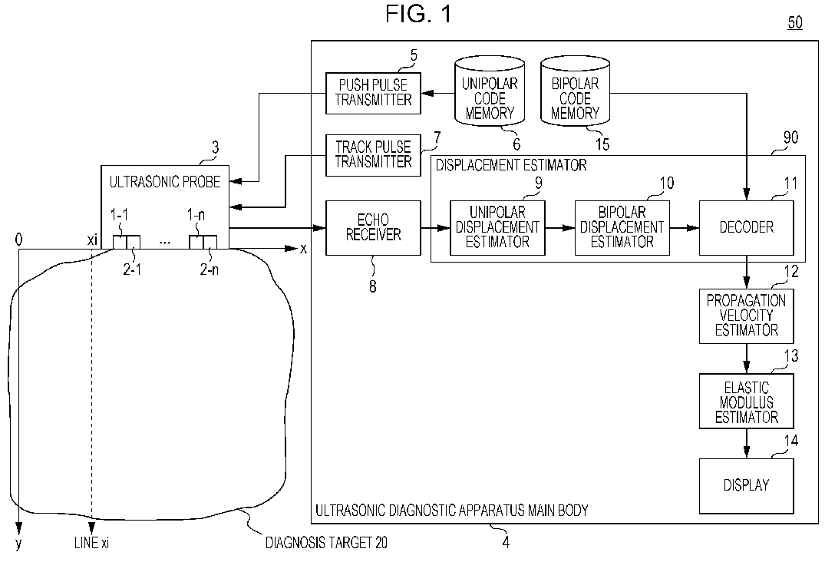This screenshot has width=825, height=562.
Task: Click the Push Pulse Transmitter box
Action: coord(373,93)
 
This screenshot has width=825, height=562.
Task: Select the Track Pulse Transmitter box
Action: coord(373,155)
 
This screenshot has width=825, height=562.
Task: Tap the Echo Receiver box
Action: coord(373,228)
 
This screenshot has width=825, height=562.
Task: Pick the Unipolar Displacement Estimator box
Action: coord(497,228)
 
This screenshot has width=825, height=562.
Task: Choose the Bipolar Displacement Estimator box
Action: coord(622,228)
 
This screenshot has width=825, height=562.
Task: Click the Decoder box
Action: coord(746,228)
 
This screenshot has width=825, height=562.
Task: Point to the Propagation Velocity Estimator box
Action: coord(746,316)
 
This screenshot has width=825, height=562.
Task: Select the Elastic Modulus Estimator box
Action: coord(746,401)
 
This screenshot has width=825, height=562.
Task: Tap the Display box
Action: coord(746,486)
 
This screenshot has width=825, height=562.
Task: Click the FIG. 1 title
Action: coord(418,14)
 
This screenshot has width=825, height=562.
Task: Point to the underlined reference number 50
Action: coord(795,22)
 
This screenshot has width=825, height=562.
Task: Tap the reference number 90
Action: coord(790,138)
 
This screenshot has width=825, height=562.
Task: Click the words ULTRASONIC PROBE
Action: coord(165,182)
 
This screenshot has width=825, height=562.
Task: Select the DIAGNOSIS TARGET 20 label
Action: coord(326,543)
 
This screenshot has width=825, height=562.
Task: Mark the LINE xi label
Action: coord(91,543)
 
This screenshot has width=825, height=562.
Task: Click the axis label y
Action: coord(18,544)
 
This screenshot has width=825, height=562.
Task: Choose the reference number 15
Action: coord(602,144)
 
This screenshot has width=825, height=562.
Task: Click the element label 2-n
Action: coord(210,270)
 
